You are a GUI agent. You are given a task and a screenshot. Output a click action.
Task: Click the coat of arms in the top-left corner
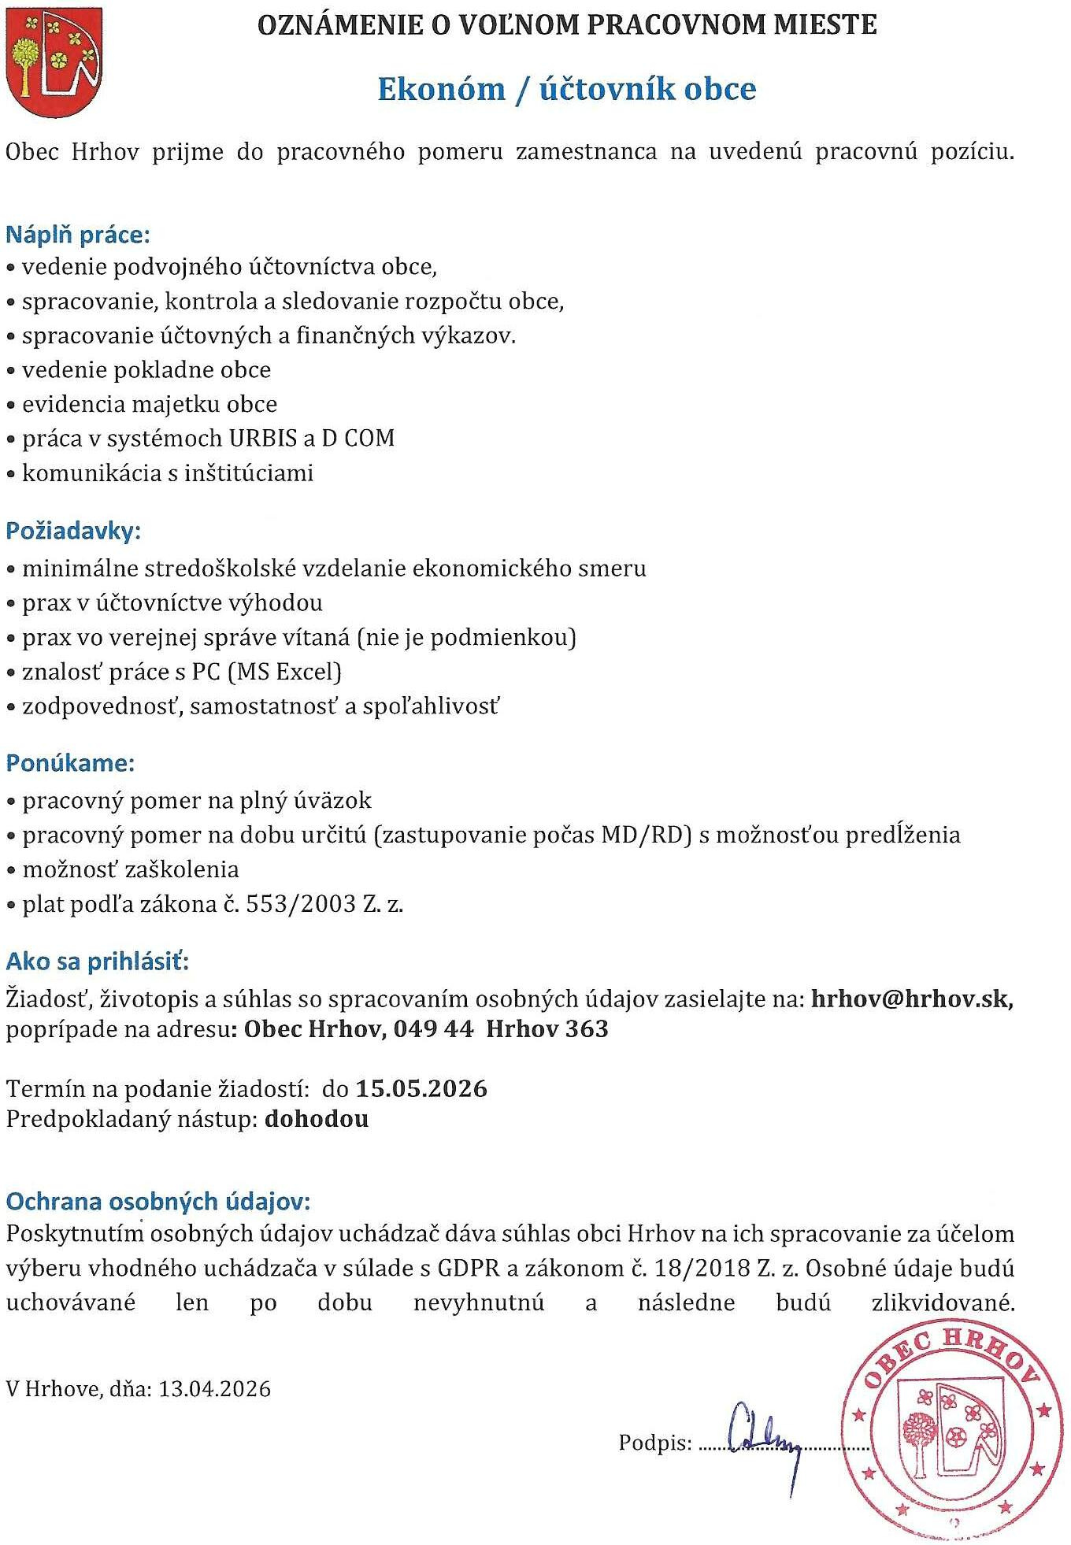54,62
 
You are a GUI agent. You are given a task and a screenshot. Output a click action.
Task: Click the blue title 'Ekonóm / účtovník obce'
566,89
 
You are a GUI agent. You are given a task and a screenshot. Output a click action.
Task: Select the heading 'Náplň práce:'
77,235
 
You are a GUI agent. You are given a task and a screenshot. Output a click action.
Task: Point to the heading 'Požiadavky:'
72,531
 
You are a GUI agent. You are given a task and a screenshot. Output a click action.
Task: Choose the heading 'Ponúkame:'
70,763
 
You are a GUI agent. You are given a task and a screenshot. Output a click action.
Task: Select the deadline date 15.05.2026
421,1089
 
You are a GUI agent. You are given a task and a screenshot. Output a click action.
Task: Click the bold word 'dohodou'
317,1119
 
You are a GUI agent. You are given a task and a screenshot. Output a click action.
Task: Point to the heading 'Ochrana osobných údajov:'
158,1202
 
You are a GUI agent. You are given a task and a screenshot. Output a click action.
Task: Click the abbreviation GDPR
469,1269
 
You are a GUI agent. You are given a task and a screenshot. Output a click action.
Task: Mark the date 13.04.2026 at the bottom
214,1389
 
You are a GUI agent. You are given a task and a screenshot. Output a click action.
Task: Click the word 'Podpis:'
654,1443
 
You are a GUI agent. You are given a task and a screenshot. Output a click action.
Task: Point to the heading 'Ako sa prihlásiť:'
98,961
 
